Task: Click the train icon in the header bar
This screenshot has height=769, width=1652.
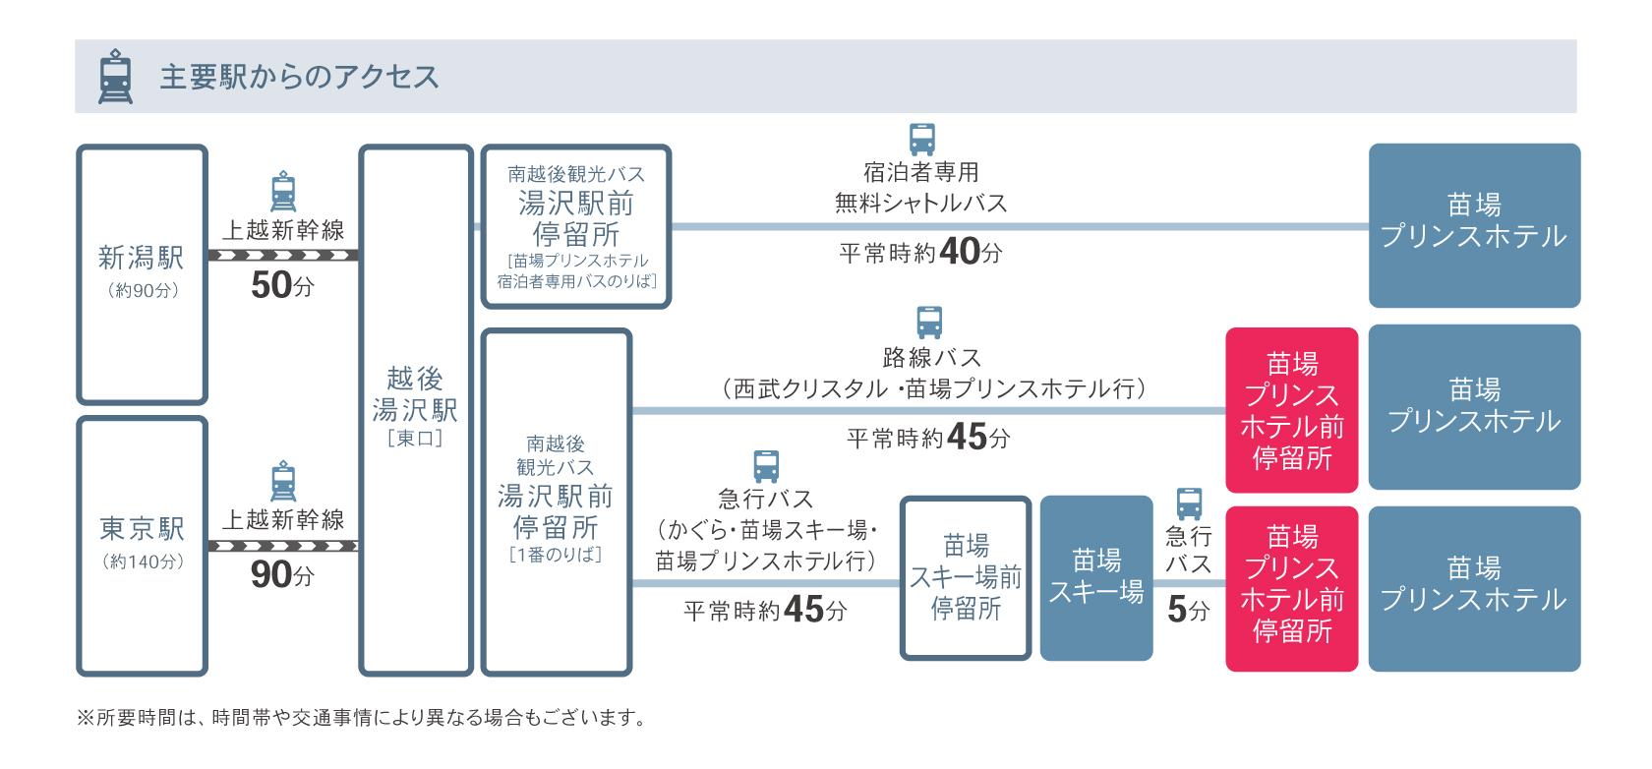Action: point(115,77)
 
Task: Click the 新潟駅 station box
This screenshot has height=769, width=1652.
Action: point(142,274)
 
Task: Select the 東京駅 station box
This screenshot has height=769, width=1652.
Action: point(142,546)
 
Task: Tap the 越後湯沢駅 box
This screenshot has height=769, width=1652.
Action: point(415,409)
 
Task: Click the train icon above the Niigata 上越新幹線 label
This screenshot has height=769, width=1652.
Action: point(282,193)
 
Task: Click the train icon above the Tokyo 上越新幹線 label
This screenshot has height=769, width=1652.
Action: point(282,481)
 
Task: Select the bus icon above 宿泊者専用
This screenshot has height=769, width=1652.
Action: point(921,140)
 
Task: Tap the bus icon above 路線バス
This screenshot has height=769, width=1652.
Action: point(929,323)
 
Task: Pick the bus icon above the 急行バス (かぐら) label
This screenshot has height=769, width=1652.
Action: point(766,465)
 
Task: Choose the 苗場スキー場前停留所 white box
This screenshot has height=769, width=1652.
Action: point(966,577)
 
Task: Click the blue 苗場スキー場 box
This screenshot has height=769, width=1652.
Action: point(1095,577)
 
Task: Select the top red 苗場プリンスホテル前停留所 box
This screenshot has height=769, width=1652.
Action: point(1291,410)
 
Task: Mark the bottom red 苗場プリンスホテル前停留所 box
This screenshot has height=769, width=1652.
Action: point(1291,588)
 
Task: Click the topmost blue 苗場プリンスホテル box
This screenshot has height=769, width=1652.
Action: point(1474,225)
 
